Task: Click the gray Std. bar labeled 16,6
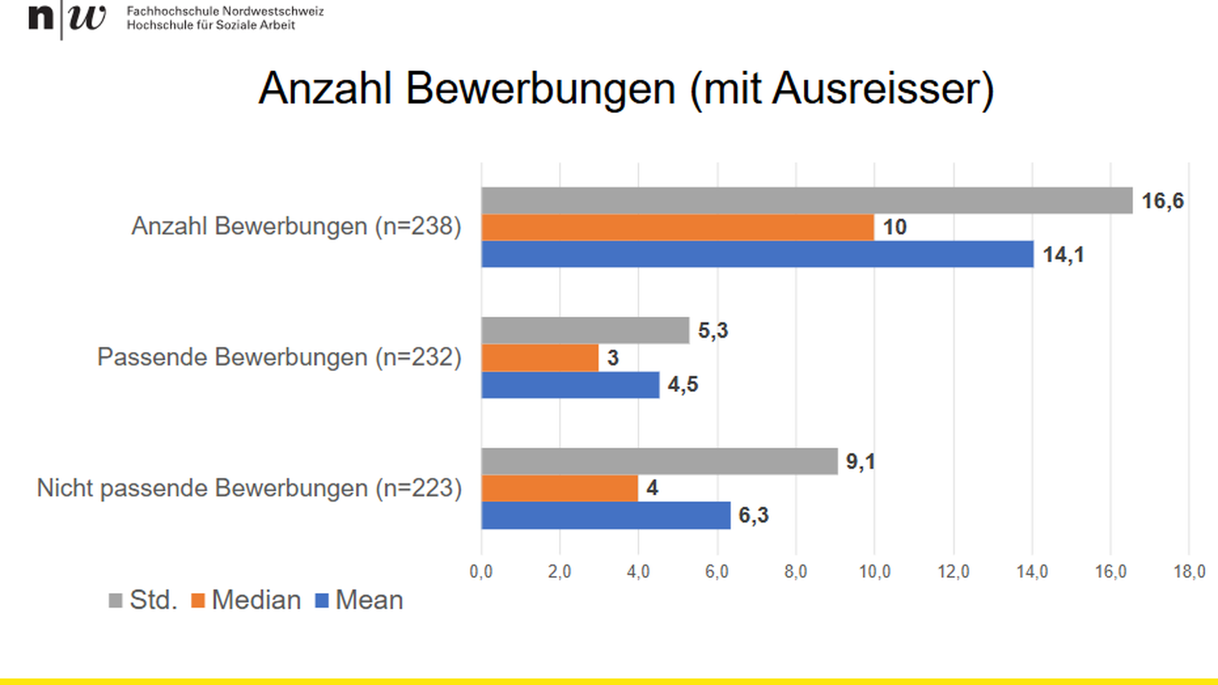(x=806, y=200)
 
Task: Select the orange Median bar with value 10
(x=678, y=227)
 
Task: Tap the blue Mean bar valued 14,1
(x=757, y=254)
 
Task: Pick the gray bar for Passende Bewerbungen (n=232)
(x=585, y=330)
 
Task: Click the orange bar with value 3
(x=540, y=358)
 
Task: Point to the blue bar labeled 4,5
(x=570, y=384)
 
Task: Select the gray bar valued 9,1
(x=659, y=461)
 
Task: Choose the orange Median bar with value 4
(x=560, y=488)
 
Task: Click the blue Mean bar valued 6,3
(x=606, y=515)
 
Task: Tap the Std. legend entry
(x=143, y=600)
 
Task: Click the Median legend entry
(x=246, y=600)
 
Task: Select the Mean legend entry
(x=359, y=600)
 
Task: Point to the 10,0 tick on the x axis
(x=875, y=571)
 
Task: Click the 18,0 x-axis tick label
(x=1189, y=571)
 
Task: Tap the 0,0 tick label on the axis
(x=481, y=571)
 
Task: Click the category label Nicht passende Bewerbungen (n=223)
(x=249, y=488)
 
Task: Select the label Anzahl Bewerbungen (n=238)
(x=296, y=226)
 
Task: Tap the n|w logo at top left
(x=67, y=18)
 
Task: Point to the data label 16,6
(x=1162, y=201)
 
